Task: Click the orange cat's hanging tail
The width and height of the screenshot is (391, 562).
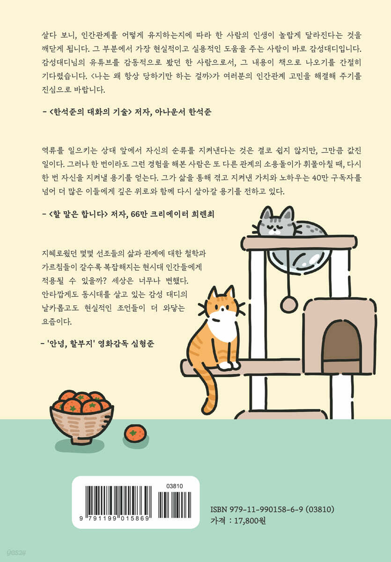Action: [210, 393]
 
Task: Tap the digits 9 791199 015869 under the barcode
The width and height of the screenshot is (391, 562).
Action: [114, 518]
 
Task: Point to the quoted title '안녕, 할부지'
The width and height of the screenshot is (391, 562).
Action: [70, 343]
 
